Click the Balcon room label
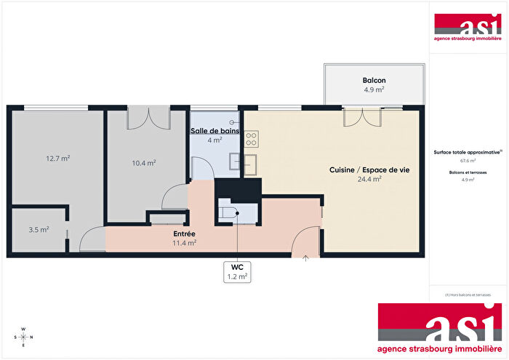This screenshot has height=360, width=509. (374, 80)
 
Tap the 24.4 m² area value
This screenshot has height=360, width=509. (369, 178)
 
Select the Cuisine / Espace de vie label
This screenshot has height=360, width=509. (369, 169)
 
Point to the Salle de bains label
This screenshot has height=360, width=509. (214, 131)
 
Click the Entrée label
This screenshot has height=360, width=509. (183, 233)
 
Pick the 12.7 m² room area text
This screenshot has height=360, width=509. (58, 158)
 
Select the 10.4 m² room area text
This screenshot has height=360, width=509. (144, 163)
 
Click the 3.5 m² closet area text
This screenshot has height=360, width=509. (39, 229)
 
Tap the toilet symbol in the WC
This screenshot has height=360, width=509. (228, 212)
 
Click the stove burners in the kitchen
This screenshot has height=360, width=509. (252, 138)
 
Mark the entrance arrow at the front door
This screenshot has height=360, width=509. (305, 257)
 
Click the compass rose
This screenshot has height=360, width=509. (23, 337)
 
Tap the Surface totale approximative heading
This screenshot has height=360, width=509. (467, 152)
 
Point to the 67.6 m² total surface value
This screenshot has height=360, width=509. (468, 161)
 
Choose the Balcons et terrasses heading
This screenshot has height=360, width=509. (468, 173)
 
